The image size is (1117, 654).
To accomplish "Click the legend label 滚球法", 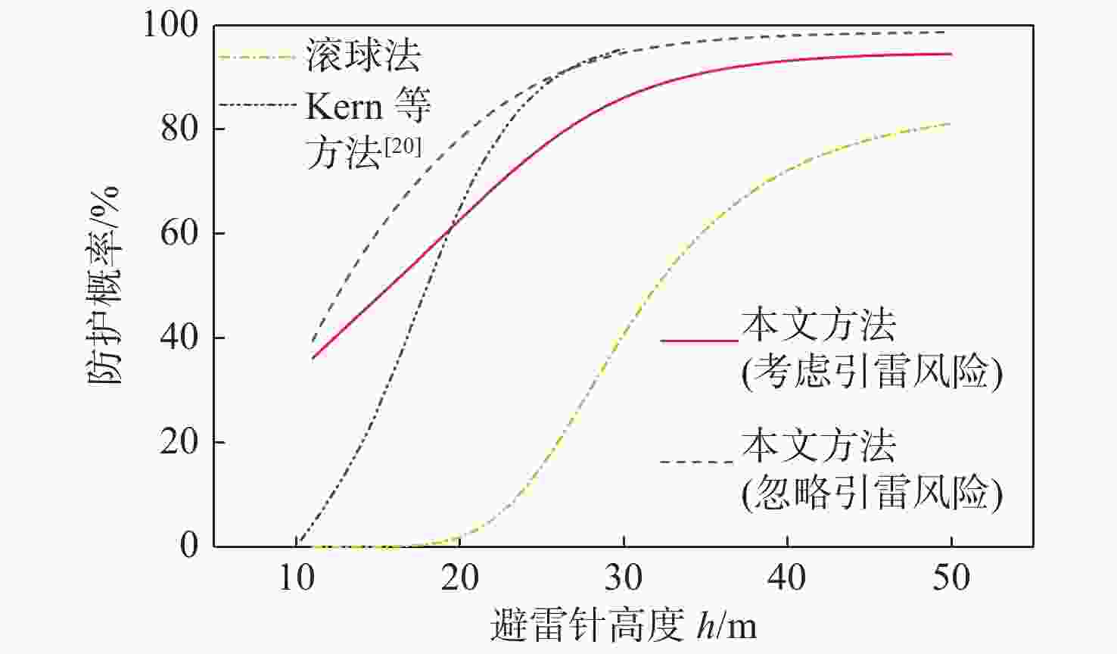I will pos(363,55).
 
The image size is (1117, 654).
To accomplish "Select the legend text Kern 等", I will pos(368,107).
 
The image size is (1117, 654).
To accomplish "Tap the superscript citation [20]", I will pos(402,145).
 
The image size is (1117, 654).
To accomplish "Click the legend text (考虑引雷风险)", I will pos(872,372).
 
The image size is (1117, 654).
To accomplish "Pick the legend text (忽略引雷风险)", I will pos(872,494).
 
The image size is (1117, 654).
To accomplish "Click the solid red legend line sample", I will pos(699,341).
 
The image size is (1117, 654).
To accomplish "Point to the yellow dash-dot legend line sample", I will pos(256,56).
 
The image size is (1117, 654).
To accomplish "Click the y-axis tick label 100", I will pos(170,26).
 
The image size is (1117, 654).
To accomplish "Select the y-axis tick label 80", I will pos(181,129).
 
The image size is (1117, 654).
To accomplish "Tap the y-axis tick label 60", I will pos(181,233).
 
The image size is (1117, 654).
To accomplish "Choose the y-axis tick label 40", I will pos(181,338).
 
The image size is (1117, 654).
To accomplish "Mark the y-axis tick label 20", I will pos(181,442).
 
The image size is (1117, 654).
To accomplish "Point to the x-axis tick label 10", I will pos(296,579).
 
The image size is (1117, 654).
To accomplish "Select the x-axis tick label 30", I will pos(624,579).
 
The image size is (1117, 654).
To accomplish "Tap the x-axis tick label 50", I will pos(951,579).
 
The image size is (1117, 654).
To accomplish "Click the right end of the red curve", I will pos(951,54).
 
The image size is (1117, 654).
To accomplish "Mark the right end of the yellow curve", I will pos(951,123).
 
